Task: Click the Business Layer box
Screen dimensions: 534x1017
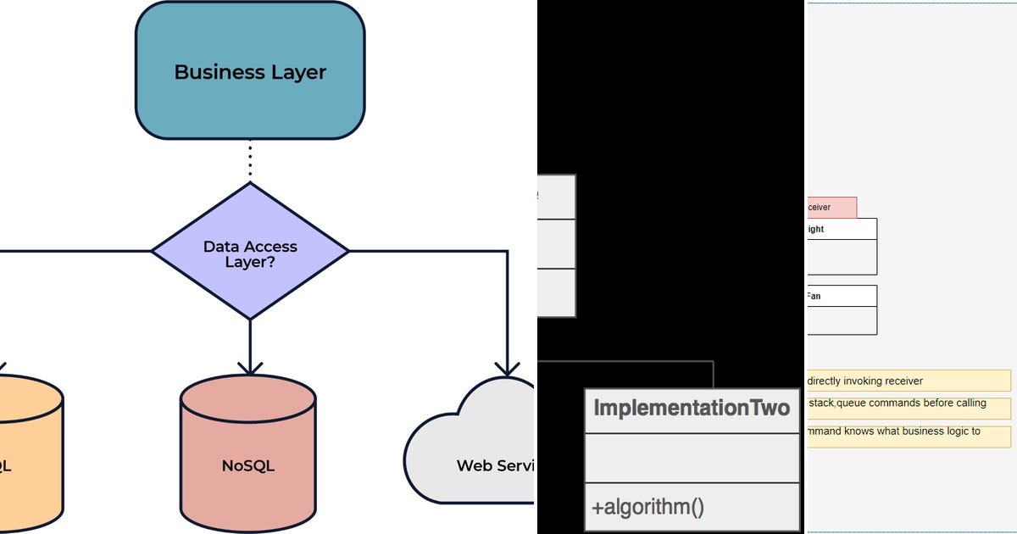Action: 250,71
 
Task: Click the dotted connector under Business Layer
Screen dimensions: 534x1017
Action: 250,160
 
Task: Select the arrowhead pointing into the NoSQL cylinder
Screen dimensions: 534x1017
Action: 250,366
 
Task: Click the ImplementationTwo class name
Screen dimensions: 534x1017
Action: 692,409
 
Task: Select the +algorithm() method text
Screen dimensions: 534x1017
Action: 648,508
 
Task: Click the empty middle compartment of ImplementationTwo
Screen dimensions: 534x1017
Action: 692,459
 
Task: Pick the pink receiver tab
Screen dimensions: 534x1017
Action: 831,208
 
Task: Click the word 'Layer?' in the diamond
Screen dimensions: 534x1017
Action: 250,263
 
